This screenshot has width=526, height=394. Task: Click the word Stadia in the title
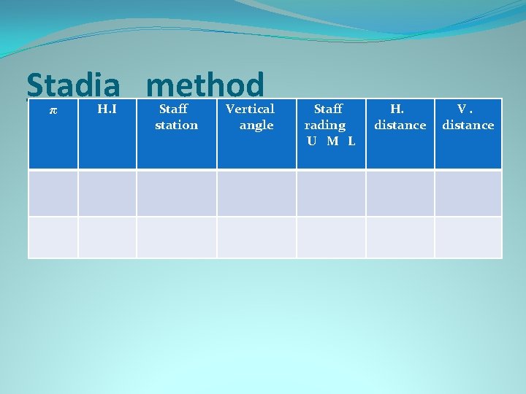point(73,86)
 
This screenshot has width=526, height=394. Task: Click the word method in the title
point(205,86)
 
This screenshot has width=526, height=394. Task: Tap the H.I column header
point(108,109)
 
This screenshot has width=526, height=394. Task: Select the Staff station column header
point(175,117)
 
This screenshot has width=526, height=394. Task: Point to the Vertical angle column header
point(251,117)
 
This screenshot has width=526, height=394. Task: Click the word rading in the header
point(325,125)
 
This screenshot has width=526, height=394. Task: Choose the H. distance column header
point(400,117)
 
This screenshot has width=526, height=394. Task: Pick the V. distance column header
point(468,117)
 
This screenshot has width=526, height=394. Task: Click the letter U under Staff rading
point(312,142)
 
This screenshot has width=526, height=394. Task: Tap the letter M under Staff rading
point(332,142)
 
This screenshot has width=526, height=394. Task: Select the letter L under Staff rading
point(351,142)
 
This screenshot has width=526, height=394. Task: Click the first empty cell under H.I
point(107,193)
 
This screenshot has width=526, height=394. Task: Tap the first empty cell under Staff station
point(176,193)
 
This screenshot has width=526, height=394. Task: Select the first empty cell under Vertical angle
point(256,193)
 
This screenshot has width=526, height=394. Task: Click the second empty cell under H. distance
point(400,238)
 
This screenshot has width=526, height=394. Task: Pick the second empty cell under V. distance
point(468,238)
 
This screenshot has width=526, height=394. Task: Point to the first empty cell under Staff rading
point(330,193)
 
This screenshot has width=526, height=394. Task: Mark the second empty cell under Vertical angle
point(256,238)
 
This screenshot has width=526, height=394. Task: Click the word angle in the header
point(256,125)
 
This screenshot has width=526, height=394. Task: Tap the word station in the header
point(176,125)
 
